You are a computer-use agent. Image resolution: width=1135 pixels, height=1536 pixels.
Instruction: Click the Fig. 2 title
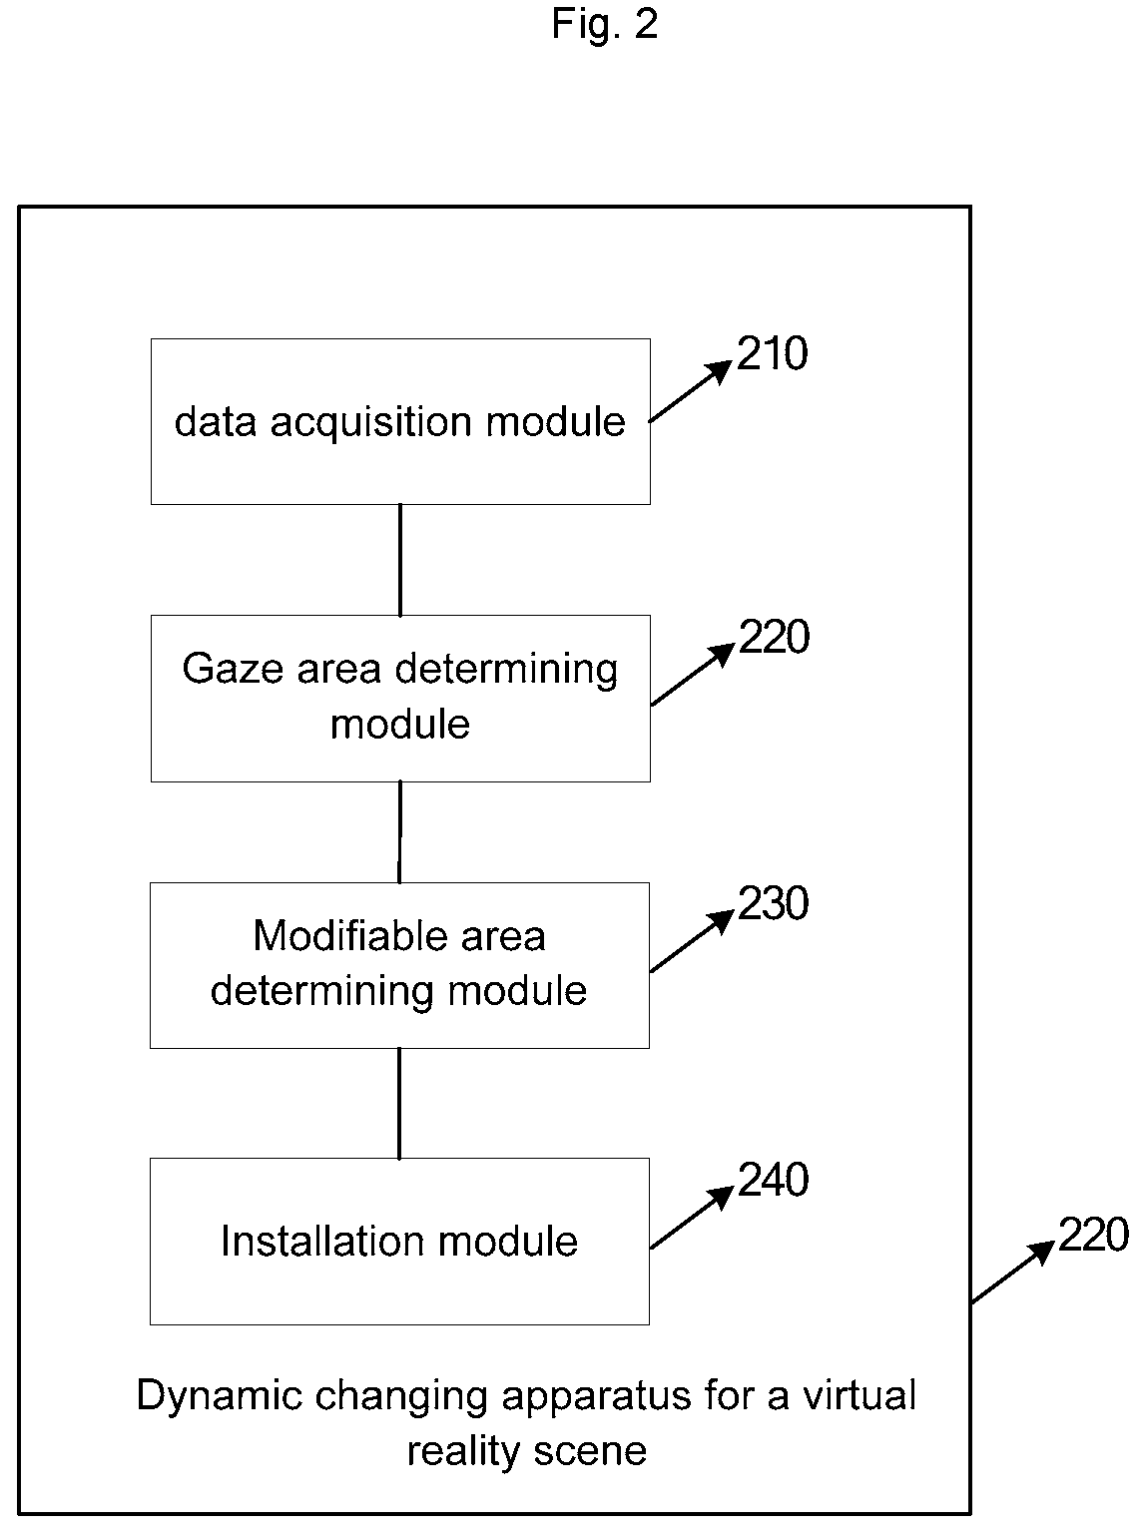[604, 24]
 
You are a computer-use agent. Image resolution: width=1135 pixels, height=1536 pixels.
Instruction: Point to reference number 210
[772, 353]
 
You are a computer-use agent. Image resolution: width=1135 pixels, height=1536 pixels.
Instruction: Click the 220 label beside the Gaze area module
[774, 637]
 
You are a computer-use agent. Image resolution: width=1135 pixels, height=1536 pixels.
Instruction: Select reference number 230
[774, 903]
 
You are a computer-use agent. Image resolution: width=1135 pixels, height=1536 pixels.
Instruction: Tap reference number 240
[774, 1180]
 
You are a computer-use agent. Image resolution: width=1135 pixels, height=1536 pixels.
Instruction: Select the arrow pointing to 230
[692, 941]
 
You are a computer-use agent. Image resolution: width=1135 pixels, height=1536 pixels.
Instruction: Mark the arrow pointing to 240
[692, 1218]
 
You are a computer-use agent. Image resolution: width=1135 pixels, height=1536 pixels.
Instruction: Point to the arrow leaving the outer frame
[1012, 1273]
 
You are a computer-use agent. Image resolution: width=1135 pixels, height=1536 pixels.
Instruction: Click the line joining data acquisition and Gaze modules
[400, 560]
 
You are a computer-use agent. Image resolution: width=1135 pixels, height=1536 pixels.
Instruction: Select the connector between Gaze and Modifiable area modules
[400, 831]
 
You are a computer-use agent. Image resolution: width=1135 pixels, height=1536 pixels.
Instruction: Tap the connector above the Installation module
[399, 1103]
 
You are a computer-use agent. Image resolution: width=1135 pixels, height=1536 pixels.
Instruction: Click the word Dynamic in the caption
[220, 1396]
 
